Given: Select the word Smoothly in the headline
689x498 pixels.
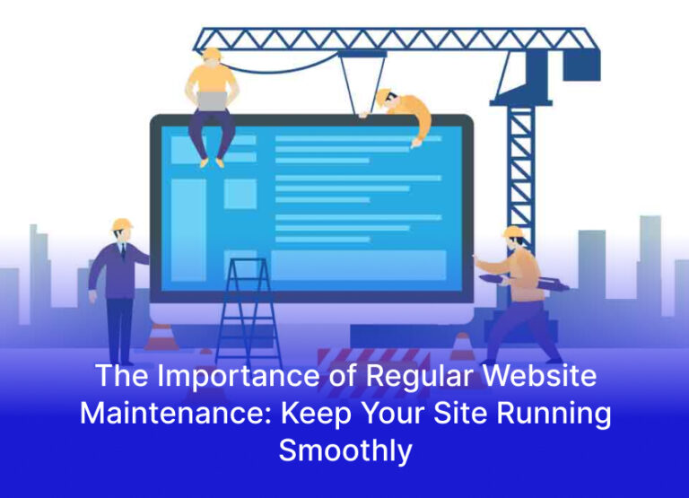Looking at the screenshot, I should (344, 450).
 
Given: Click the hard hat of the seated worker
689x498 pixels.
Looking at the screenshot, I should (212, 54).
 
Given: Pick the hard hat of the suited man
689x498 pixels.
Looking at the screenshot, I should (121, 224).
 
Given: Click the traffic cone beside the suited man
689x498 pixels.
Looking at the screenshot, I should (160, 336).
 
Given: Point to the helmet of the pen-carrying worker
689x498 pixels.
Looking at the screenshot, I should (512, 232).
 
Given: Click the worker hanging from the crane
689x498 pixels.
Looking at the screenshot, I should (404, 112).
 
